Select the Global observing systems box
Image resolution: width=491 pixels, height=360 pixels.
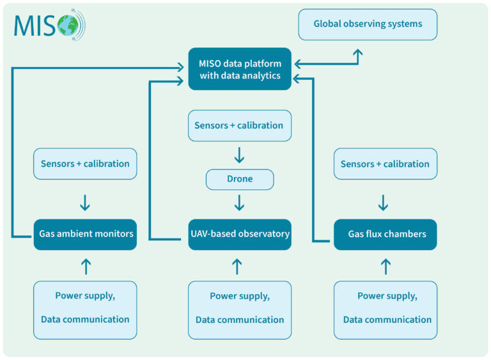pyautogui.click(x=368, y=24)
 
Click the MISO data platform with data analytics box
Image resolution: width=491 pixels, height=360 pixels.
pyautogui.click(x=240, y=69)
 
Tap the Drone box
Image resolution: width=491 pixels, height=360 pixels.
pyautogui.click(x=240, y=179)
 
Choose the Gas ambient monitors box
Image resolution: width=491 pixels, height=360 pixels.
pyautogui.click(x=85, y=234)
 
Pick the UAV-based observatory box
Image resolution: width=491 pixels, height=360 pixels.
pyautogui.click(x=240, y=234)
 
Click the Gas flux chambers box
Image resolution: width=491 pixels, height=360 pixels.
pyautogui.click(x=386, y=234)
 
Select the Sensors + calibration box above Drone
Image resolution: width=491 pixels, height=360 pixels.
pyautogui.click(x=240, y=125)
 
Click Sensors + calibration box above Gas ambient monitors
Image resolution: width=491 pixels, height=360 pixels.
pyautogui.click(x=85, y=164)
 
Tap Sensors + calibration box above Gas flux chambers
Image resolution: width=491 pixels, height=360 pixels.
pyautogui.click(x=386, y=164)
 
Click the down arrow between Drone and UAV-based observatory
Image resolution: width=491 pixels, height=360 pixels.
pyautogui.click(x=240, y=203)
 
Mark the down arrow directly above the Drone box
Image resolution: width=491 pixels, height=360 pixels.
pyautogui.click(x=240, y=155)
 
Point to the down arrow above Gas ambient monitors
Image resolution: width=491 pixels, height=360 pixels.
pyautogui.click(x=85, y=203)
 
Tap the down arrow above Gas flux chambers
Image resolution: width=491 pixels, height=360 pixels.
pyautogui.click(x=384, y=203)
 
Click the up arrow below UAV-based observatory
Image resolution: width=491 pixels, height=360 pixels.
pyautogui.click(x=237, y=265)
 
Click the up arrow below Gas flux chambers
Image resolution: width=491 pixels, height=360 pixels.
pyautogui.click(x=386, y=265)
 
